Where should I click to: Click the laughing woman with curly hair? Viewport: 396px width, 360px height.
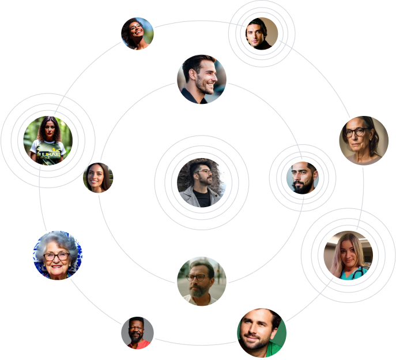[x=138, y=33]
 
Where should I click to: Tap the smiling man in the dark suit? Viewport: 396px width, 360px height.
[x=202, y=79]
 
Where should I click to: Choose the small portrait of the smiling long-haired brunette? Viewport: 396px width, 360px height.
[x=98, y=178]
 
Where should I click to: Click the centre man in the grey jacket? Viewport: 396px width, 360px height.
[x=202, y=182]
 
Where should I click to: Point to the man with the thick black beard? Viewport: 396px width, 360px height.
[x=302, y=177]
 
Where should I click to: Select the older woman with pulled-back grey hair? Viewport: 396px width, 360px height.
[x=364, y=140]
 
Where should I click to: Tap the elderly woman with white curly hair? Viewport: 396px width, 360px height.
[x=58, y=255]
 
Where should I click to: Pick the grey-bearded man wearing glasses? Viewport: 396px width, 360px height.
[x=202, y=281]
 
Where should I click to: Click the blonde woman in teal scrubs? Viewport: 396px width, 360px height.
[x=348, y=255]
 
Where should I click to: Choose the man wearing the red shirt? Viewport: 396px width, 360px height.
[x=138, y=333]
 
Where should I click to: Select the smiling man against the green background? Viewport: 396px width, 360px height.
[x=262, y=332]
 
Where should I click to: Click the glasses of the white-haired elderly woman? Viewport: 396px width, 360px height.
[x=57, y=255]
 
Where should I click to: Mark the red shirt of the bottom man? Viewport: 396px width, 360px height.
[x=138, y=344]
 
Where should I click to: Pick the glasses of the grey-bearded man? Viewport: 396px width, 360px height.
[x=197, y=277]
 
